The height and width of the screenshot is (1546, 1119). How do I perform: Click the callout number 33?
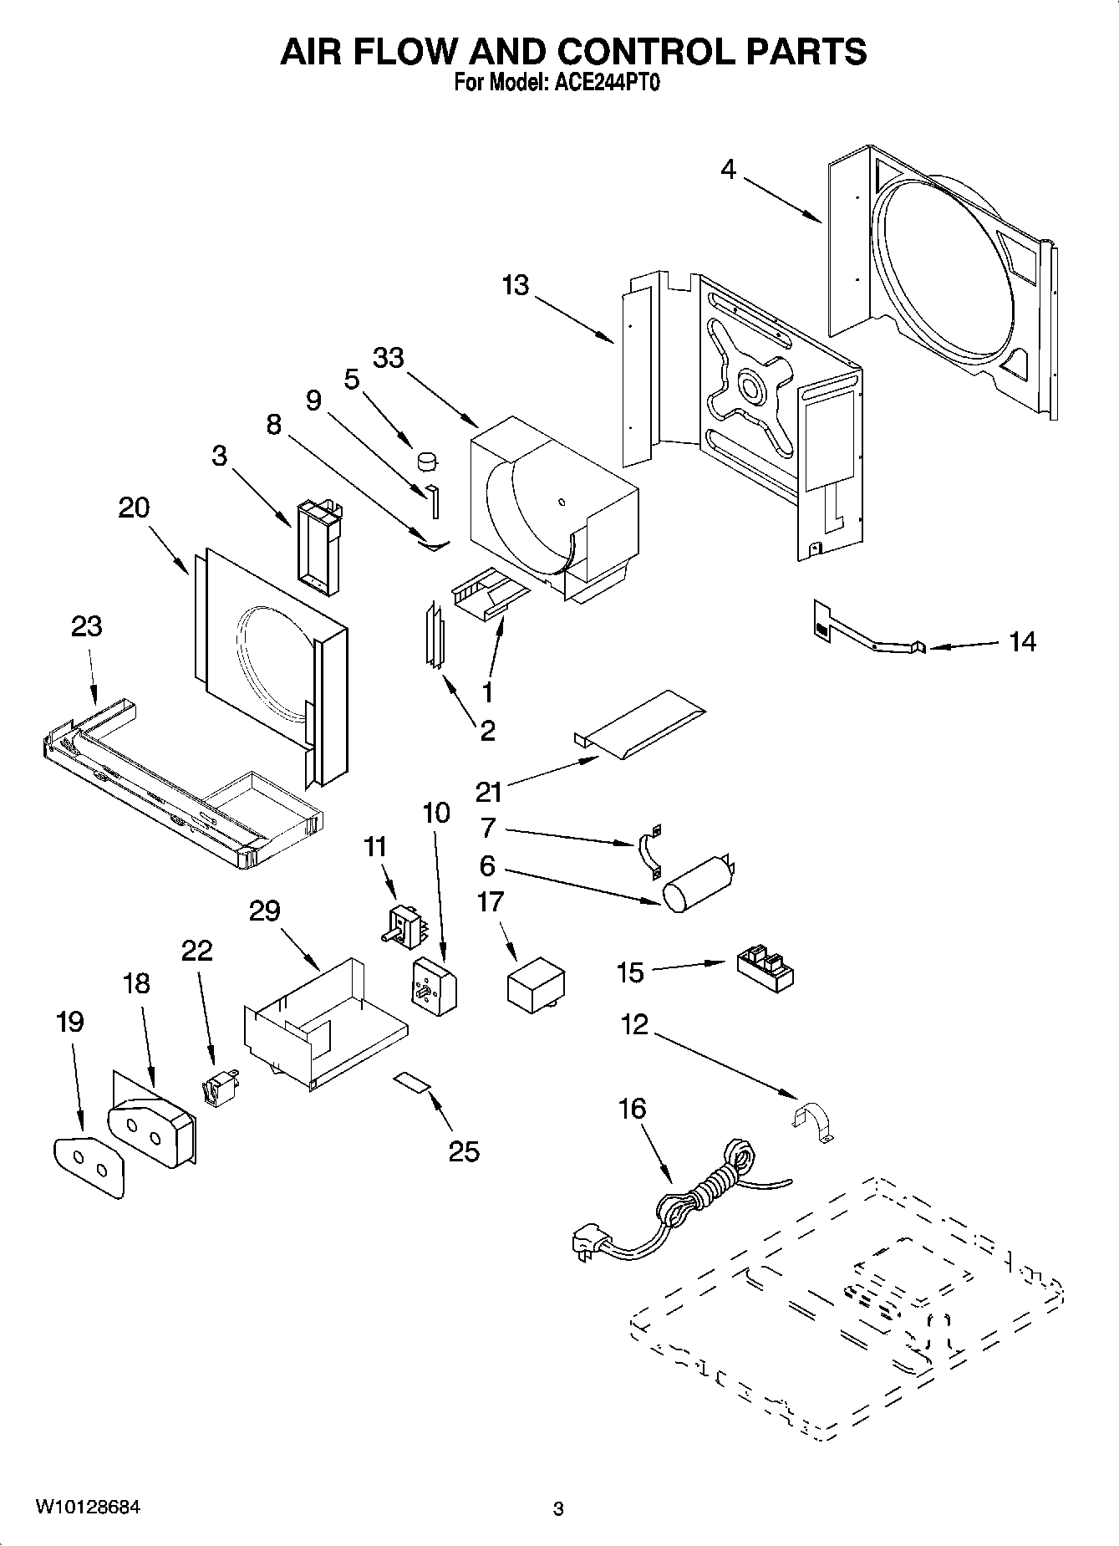tap(388, 358)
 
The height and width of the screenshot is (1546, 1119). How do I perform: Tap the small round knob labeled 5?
tap(428, 460)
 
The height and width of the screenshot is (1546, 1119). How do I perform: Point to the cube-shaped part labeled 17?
tap(536, 985)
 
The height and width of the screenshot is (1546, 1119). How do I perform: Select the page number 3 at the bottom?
tap(558, 1509)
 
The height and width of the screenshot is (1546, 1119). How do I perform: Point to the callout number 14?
tap(1022, 641)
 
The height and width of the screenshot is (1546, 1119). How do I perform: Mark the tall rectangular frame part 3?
tap(318, 548)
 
